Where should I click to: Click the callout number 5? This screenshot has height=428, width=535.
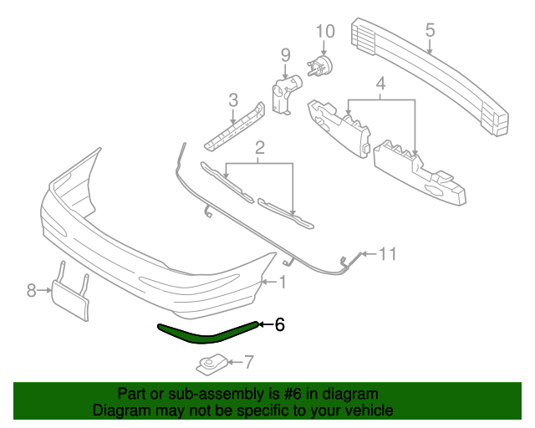click(430, 30)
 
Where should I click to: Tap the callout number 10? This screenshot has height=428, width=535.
click(325, 32)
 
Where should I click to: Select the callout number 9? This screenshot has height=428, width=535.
click(286, 55)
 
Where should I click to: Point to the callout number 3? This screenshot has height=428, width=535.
click(381, 84)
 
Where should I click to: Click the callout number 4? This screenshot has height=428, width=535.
click(381, 84)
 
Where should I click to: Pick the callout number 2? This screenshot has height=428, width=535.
click(260, 148)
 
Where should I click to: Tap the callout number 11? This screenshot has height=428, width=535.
click(388, 254)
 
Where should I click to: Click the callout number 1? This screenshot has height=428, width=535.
click(283, 283)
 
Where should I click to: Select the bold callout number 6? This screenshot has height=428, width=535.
click(279, 324)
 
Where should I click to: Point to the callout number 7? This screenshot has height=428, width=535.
click(249, 362)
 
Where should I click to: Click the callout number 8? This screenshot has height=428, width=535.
click(32, 290)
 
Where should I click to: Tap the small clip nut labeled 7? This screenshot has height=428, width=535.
click(211, 364)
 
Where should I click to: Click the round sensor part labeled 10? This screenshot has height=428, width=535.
click(320, 66)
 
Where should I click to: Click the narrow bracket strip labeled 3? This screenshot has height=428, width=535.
click(235, 126)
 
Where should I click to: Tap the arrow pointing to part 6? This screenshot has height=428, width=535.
click(266, 324)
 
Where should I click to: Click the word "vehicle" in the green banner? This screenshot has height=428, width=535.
click(369, 410)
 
